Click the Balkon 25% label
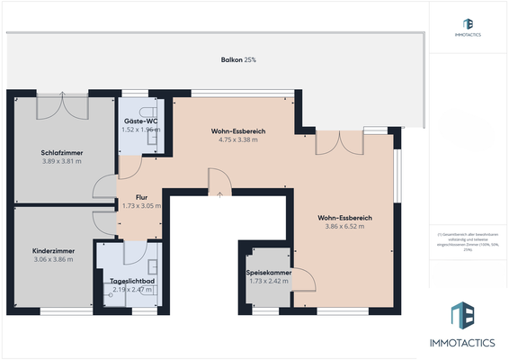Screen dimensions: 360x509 pyautogui.click(x=238, y=59)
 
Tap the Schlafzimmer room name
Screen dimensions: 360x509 pyautogui.click(x=62, y=153)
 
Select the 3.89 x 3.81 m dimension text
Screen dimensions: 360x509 pyautogui.click(x=62, y=162)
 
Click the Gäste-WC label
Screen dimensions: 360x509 pyautogui.click(x=140, y=121)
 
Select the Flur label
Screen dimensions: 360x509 pyautogui.click(x=140, y=196)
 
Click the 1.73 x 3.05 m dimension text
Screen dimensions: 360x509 pyautogui.click(x=141, y=205)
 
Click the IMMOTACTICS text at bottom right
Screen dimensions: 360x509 pyautogui.click(x=469, y=343)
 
